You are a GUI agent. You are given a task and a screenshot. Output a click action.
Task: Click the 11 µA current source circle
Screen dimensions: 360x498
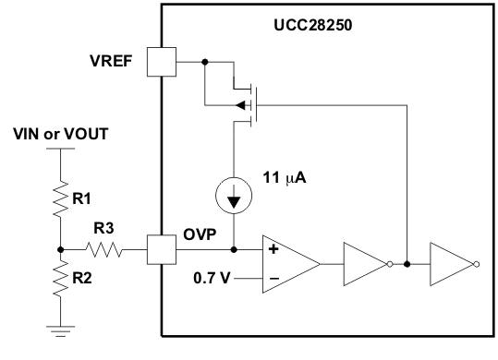[233, 197]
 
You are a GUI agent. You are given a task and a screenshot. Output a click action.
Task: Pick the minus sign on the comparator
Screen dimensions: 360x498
[273, 277]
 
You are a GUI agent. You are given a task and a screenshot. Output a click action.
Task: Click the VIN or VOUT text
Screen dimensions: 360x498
[61, 134]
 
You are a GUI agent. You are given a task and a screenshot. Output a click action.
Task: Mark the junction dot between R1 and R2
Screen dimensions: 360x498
[60, 249]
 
